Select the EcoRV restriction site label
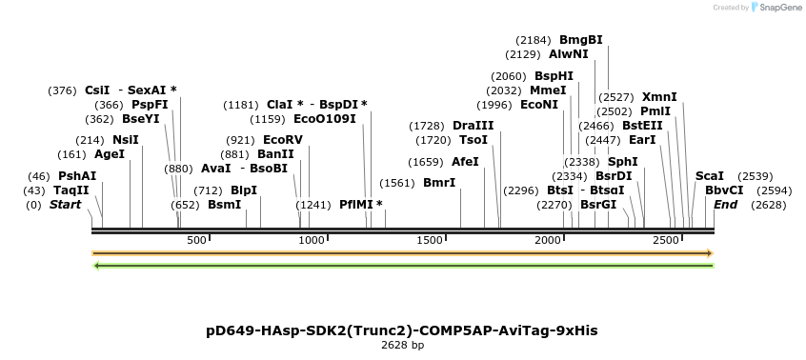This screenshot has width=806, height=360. point(282,140)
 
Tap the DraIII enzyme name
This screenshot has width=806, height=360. point(473,126)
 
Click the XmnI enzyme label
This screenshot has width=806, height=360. point(659,97)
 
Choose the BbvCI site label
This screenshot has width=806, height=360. point(724,190)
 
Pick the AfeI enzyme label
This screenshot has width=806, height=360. point(465,162)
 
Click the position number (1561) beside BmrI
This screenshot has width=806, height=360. point(397,183)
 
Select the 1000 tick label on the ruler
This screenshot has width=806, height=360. point(312,240)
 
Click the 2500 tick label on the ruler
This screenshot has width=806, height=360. point(665,240)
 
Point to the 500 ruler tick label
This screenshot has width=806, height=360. point(196,240)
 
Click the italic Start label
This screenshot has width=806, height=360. point(65,205)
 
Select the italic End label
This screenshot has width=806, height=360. point(725,205)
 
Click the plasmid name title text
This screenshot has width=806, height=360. point(402,330)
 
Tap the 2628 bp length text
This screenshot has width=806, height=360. point(402,346)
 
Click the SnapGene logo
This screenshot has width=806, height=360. point(778,8)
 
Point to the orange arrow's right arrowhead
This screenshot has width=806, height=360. point(709,253)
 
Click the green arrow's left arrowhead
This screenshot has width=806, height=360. point(96,265)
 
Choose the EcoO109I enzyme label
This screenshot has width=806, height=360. point(324,119)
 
